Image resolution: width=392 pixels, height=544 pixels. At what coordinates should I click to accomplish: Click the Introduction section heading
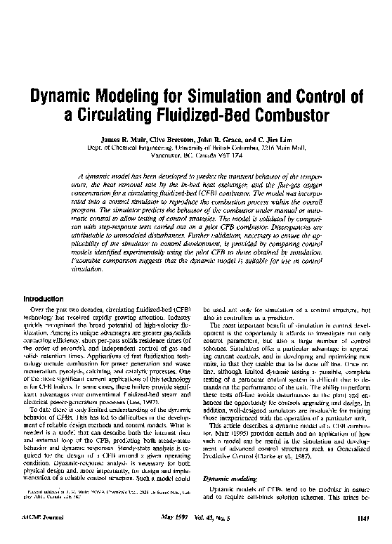pos(46,299)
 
